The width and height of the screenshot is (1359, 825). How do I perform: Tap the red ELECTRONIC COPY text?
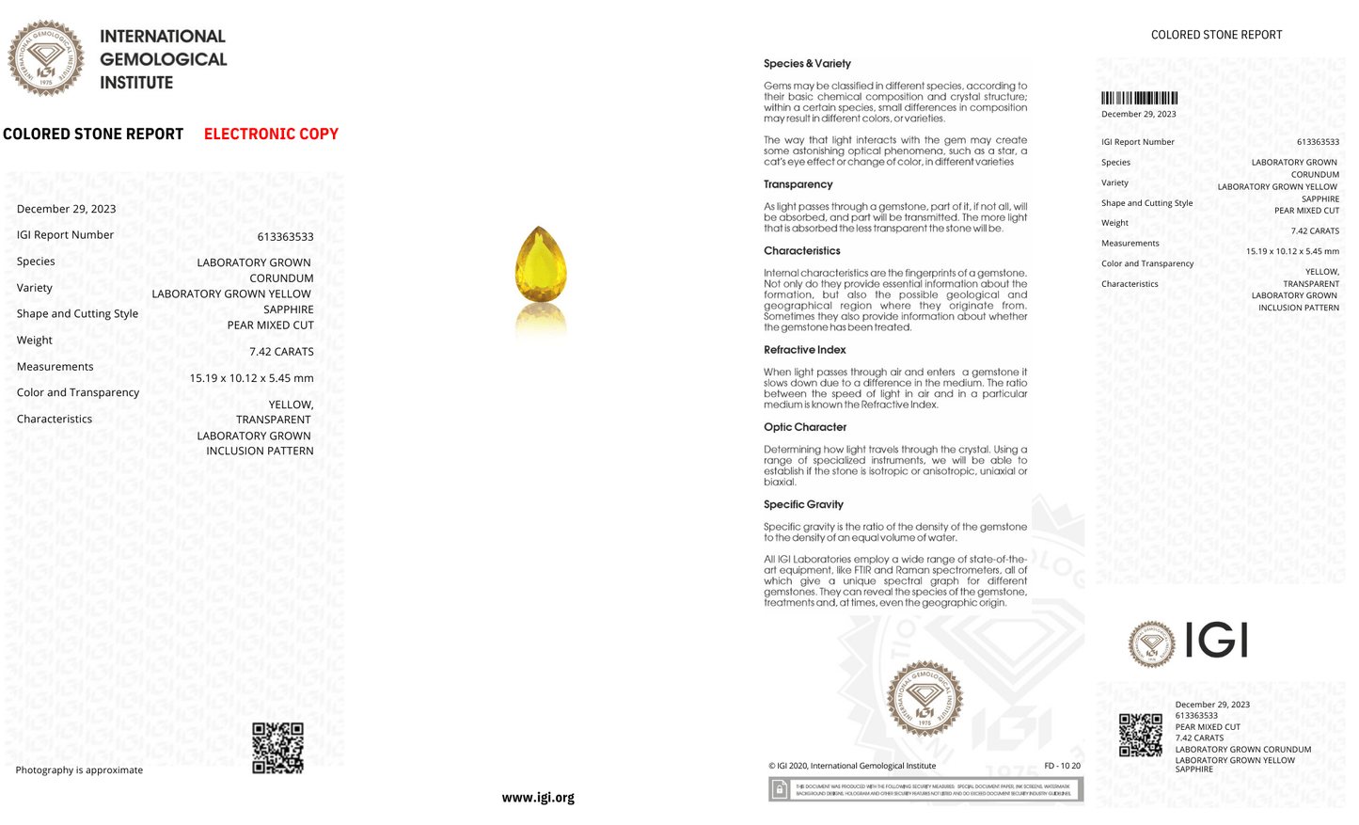point(271,134)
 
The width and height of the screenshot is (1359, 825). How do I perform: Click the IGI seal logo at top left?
point(45,58)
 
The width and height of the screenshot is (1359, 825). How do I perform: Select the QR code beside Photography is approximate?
point(278,748)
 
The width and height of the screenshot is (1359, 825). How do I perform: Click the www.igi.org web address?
point(538,797)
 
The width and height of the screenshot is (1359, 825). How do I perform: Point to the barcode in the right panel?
point(1139,98)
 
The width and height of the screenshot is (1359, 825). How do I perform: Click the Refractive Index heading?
point(804,350)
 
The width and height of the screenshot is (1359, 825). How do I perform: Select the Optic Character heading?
point(804,427)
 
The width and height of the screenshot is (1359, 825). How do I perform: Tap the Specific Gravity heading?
point(803,504)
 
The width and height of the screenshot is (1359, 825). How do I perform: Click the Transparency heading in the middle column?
point(798,184)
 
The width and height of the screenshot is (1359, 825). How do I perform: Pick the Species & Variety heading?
point(807,64)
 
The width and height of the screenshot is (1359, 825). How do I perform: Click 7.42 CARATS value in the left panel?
point(281,352)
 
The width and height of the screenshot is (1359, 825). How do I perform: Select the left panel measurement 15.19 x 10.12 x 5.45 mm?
point(251,378)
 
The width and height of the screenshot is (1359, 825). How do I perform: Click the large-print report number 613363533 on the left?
point(285,237)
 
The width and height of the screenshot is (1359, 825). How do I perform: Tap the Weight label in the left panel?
point(35,341)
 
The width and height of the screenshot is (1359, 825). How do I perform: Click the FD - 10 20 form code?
point(1062,766)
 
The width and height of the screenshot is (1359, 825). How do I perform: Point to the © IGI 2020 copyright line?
point(851,766)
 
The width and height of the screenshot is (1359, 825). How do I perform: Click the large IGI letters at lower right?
point(1216,641)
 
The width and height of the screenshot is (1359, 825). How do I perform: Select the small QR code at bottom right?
point(1140,735)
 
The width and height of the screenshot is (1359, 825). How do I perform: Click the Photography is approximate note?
point(79,770)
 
